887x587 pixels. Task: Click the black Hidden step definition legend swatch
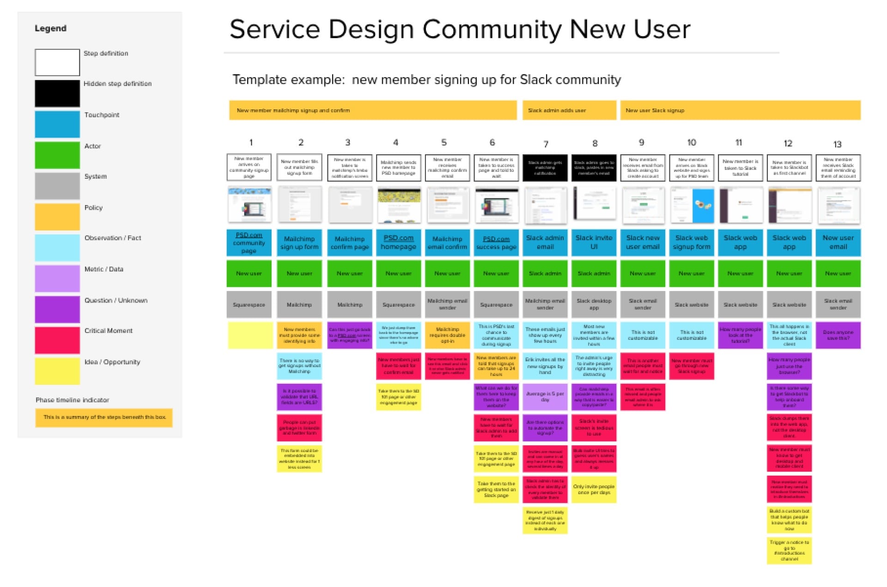point(57,93)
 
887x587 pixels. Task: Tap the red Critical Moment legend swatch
point(57,340)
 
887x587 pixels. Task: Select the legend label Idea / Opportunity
point(112,362)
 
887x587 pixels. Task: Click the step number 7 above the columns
point(546,144)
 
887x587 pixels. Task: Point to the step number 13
point(837,144)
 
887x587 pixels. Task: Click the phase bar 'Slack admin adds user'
point(569,110)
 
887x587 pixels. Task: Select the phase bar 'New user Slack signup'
point(740,110)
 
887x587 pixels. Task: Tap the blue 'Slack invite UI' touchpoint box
point(594,242)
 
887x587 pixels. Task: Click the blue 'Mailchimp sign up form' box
point(299,242)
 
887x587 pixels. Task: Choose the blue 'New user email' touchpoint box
point(838,242)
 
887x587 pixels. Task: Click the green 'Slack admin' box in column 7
point(545,273)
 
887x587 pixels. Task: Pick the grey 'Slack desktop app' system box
point(594,304)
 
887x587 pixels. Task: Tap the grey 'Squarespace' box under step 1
point(249,304)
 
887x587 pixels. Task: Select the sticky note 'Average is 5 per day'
point(545,397)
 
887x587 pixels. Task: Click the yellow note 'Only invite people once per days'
point(594,490)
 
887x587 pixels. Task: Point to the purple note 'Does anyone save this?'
point(838,335)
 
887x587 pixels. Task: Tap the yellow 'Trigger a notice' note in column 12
point(789,550)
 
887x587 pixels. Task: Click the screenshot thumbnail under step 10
point(692,205)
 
